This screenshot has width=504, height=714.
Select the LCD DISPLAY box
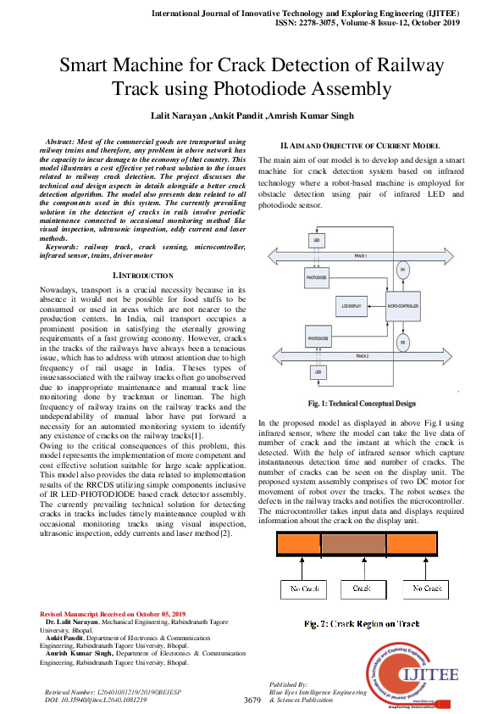[x=352, y=304]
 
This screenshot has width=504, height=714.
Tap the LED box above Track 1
[x=318, y=242]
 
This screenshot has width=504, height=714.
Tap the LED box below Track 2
[x=318, y=371]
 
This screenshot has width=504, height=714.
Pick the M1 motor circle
[x=402, y=270]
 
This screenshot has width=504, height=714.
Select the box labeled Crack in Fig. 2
[x=361, y=588]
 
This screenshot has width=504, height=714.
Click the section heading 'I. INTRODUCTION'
[x=143, y=276]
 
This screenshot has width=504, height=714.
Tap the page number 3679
[x=252, y=700]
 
